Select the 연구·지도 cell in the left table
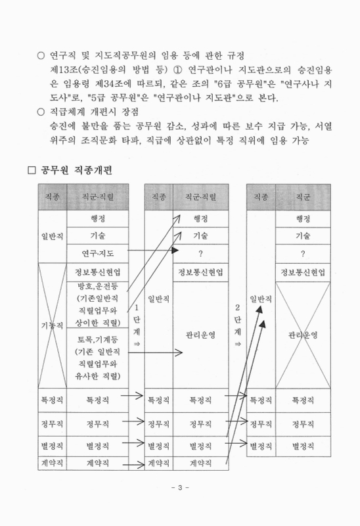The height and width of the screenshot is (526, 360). tap(97, 253)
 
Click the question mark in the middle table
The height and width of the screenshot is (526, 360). tap(201, 253)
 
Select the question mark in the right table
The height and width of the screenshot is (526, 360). tap(303, 253)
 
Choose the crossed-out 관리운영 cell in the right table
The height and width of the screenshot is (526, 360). tap(303, 334)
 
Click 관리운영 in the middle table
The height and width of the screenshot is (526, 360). tap(201, 334)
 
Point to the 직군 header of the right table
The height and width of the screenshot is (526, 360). tap(303, 196)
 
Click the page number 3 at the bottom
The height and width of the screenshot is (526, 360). tap(179, 489)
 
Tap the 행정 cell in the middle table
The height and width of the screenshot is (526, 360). tap(201, 218)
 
